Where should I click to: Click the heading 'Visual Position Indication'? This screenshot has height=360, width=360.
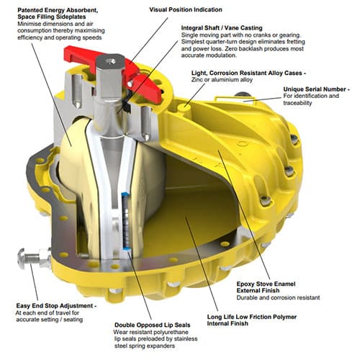pos(186,10)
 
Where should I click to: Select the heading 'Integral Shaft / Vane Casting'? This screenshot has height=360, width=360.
pos(222,28)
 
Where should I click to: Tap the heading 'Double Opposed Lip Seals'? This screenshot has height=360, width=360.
pos(153,325)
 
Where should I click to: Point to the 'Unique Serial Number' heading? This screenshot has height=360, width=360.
pos(315,89)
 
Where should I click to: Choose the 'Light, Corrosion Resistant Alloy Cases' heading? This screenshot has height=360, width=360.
pos(246,73)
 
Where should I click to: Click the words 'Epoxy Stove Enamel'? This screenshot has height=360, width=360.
pos(266,284)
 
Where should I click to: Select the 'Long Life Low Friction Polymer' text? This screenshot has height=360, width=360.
pos(252,317)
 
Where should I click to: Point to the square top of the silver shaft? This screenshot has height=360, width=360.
pos(111,61)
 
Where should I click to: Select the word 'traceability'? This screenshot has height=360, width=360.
pos(297,103)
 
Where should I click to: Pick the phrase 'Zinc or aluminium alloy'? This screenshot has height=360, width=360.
pos(222,80)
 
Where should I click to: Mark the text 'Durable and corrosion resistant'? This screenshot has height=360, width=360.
pos(278,297)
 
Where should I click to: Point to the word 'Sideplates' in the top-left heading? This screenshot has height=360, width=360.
pos(71,17)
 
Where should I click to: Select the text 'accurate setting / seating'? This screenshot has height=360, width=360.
pos(50,320)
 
